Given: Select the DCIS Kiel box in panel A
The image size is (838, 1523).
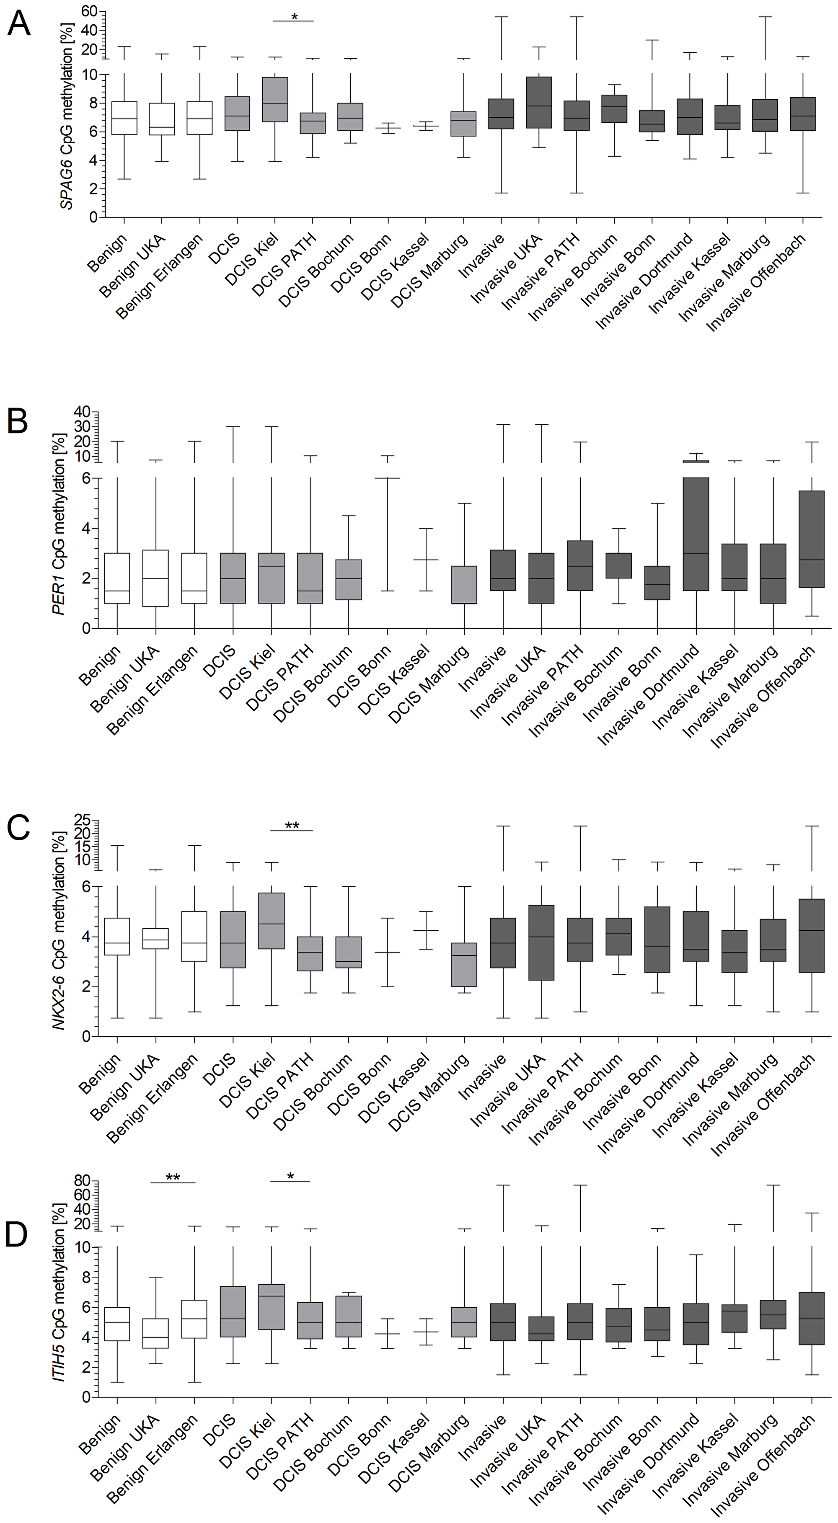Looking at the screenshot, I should click(x=274, y=99).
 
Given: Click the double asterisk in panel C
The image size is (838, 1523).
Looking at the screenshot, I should click(x=292, y=825).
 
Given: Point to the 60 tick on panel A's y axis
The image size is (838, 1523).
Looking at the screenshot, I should click(x=88, y=10).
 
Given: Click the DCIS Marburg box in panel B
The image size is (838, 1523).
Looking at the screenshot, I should click(x=464, y=585).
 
